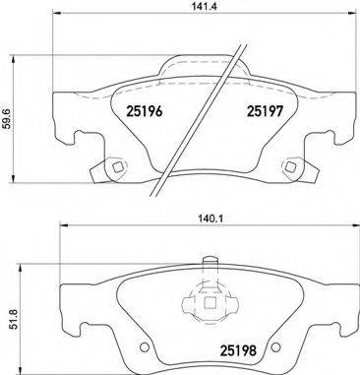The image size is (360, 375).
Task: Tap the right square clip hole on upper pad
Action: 291,165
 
